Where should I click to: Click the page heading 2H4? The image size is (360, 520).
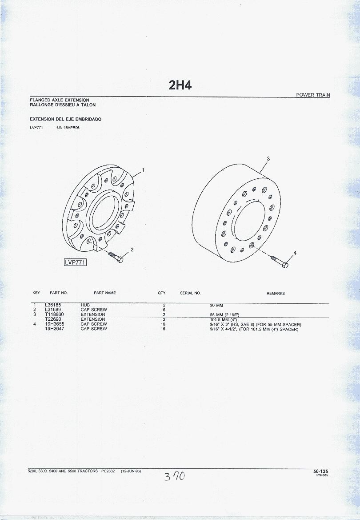click(180, 85)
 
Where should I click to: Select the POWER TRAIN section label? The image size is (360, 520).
click(313, 95)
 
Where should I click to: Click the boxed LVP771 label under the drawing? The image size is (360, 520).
click(75, 262)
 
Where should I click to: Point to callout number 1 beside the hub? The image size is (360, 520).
click(143, 170)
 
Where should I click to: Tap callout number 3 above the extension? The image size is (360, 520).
click(268, 158)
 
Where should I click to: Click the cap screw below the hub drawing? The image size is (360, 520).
click(116, 257)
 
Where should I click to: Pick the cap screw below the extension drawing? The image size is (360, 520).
click(280, 262)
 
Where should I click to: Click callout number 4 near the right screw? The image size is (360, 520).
click(295, 253)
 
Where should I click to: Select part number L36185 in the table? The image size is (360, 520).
click(53, 305)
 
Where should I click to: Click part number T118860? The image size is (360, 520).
click(54, 314)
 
